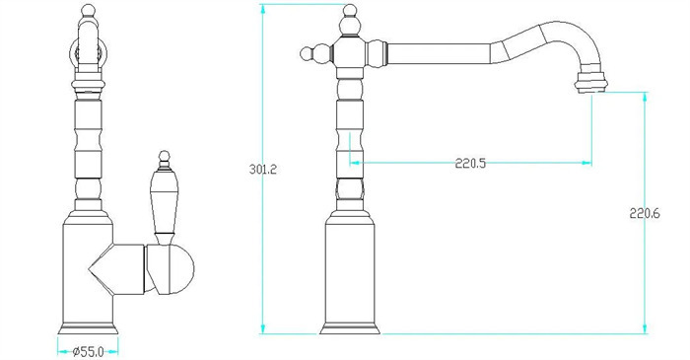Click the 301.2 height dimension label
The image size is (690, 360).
[x=263, y=169]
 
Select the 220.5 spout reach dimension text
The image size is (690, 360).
[x=470, y=164]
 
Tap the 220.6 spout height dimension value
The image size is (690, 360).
[x=645, y=214]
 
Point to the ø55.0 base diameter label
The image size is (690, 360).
[x=89, y=352]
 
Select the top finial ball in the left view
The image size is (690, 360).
[x=89, y=10]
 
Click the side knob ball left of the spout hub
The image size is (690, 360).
[x=307, y=53]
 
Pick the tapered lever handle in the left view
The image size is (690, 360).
[x=164, y=207]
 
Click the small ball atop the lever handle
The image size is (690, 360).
[x=165, y=156]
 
